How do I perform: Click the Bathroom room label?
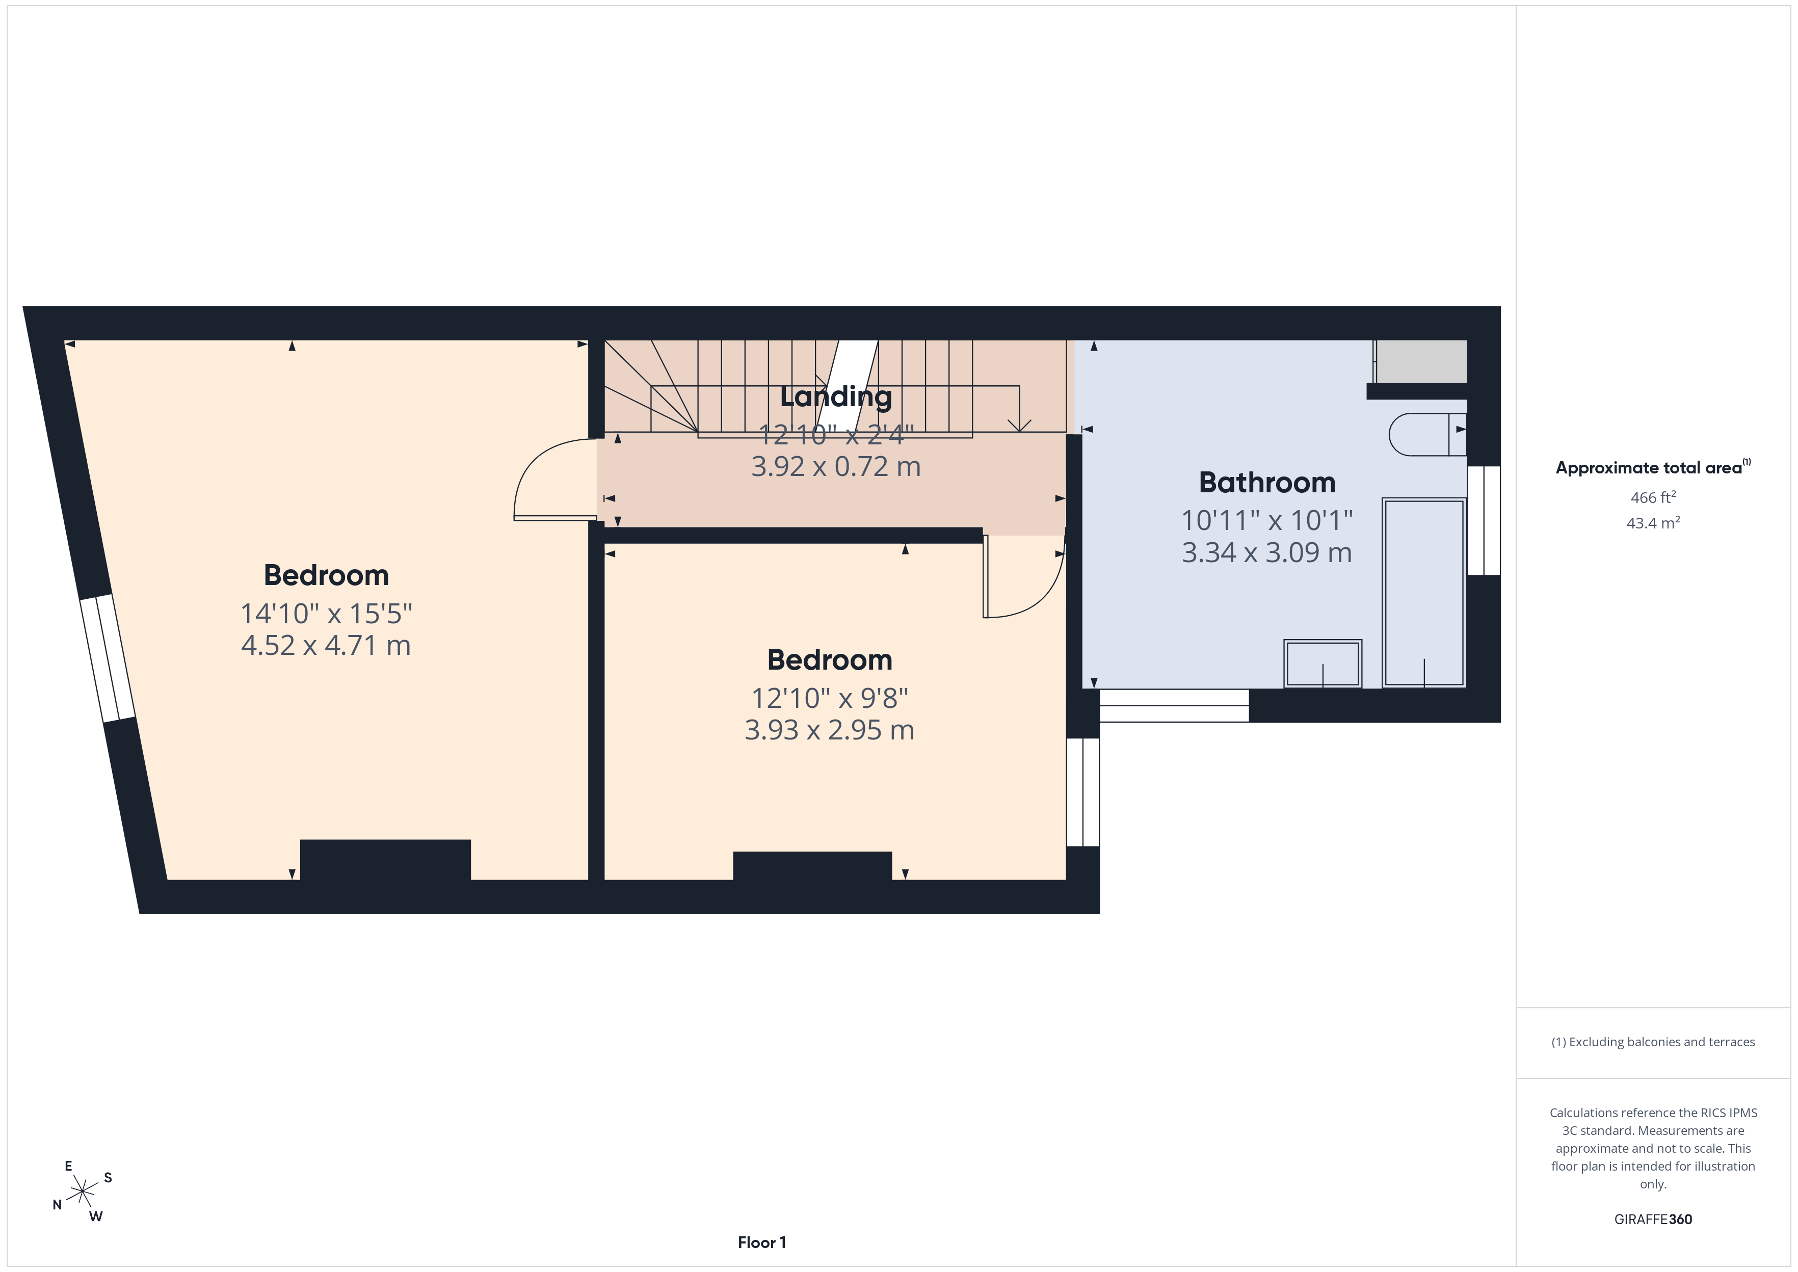1267,483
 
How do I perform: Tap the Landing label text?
836,397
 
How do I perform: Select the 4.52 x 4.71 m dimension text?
326,645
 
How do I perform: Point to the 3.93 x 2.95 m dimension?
829,730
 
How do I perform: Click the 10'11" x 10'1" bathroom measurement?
1267,520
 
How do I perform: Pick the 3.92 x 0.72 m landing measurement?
836,467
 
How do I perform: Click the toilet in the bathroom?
1427,435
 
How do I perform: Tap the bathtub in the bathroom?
1424,593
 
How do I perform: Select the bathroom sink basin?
1323,664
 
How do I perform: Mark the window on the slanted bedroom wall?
108,658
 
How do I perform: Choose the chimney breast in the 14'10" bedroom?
385,860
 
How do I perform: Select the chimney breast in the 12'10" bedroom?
812,866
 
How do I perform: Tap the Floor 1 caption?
762,1243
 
